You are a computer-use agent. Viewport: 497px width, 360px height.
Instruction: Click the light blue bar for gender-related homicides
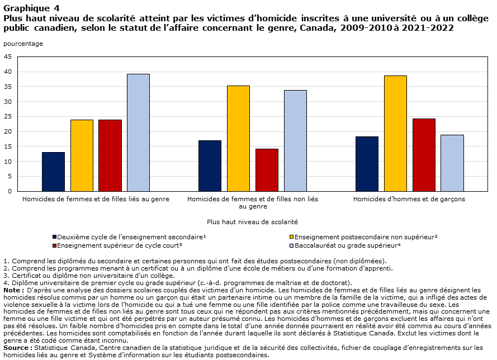pyautogui.click(x=138, y=132)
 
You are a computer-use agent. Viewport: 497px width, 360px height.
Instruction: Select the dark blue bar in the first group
pyautogui.click(x=53, y=172)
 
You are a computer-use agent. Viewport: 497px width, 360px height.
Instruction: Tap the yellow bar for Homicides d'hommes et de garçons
pyautogui.click(x=395, y=134)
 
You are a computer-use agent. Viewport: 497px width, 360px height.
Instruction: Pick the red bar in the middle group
pyautogui.click(x=267, y=170)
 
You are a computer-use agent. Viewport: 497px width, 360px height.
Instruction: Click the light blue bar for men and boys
pyautogui.click(x=452, y=163)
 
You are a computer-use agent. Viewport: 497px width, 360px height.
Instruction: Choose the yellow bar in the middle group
pyautogui.click(x=238, y=139)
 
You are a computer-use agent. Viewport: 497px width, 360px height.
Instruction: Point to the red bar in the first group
pyautogui.click(x=110, y=155)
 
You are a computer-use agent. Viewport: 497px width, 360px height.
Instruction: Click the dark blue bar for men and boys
pyautogui.click(x=367, y=164)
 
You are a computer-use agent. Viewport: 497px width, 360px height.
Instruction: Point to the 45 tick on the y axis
pyautogui.click(x=8, y=56)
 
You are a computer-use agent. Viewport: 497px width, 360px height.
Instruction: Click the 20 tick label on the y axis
pyautogui.click(x=8, y=131)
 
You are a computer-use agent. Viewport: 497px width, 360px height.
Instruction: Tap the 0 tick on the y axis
pyautogui.click(x=10, y=191)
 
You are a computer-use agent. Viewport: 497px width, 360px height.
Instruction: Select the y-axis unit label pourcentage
pyautogui.click(x=23, y=44)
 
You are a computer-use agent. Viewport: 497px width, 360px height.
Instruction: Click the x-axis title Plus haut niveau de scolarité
pyautogui.click(x=252, y=222)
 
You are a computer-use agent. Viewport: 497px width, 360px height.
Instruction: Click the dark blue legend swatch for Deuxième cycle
pyautogui.click(x=55, y=237)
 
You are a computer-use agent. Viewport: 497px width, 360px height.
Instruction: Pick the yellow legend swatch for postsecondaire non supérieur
pyautogui.click(x=292, y=237)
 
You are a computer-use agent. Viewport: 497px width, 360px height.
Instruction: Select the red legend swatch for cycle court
pyautogui.click(x=55, y=245)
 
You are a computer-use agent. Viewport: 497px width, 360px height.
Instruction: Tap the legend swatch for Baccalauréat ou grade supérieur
pyautogui.click(x=292, y=245)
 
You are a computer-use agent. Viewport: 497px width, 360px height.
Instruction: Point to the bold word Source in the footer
pyautogui.click(x=16, y=348)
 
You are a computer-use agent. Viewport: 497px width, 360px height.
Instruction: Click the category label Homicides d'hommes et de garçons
pyautogui.click(x=409, y=199)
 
